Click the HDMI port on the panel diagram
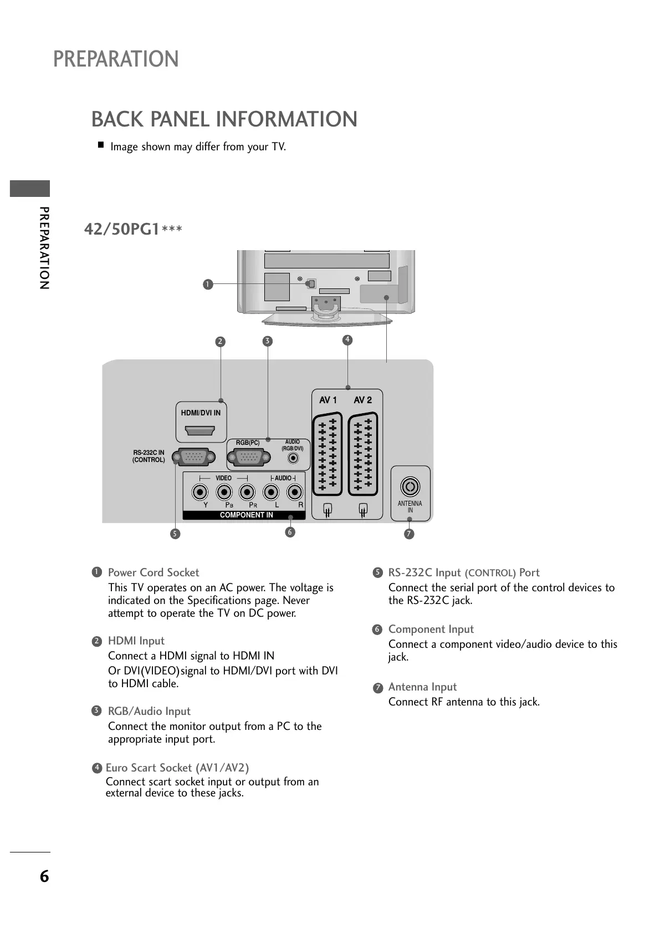[x=200, y=430]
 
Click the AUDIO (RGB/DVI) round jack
[x=294, y=458]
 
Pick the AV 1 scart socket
[x=327, y=454]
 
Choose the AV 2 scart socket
[x=363, y=454]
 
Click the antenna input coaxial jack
[x=410, y=487]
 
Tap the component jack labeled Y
[x=201, y=492]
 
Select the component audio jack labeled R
[x=295, y=492]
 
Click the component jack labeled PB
[x=224, y=492]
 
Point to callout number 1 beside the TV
[x=208, y=285]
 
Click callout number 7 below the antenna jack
[x=409, y=534]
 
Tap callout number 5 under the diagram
[x=175, y=534]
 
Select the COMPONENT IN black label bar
[x=244, y=515]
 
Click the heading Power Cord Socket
[x=154, y=572]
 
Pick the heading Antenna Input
[x=422, y=687]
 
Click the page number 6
[x=44, y=877]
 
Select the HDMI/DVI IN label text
[x=201, y=413]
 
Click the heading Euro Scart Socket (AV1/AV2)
[x=177, y=768]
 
